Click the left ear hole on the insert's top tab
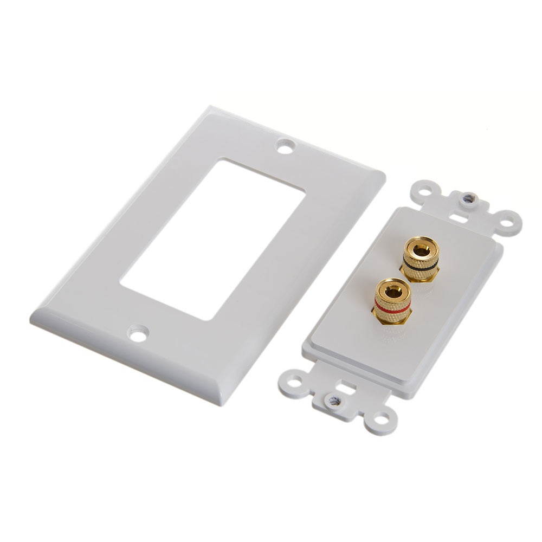tap(425, 192)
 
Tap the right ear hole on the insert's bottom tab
tap(382, 417)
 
